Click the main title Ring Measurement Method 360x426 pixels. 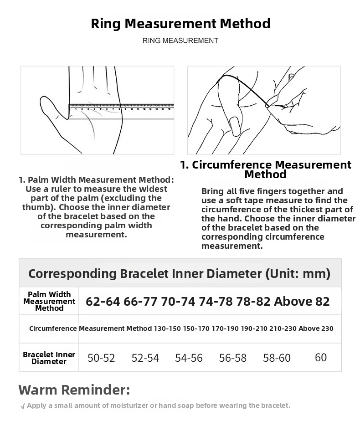pyautogui.click(x=180, y=24)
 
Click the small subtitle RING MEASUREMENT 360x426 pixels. pyautogui.click(x=180, y=41)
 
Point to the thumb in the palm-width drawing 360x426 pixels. pyautogui.click(x=53, y=114)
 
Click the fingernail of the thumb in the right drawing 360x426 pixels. pyautogui.click(x=234, y=125)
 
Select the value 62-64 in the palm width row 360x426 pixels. pyautogui.click(x=103, y=301)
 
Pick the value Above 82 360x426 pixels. pyautogui.click(x=302, y=301)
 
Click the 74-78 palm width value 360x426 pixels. pyautogui.click(x=216, y=301)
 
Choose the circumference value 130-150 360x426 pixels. pyautogui.click(x=167, y=328)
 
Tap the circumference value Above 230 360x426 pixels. pyautogui.click(x=316, y=328)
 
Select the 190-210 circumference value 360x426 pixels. pyautogui.click(x=254, y=328)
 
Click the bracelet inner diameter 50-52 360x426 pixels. pyautogui.click(x=101, y=358)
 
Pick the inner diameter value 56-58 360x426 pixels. pyautogui.click(x=233, y=358)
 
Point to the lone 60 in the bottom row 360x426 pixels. pyautogui.click(x=321, y=358)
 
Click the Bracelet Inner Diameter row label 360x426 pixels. pyautogui.click(x=49, y=358)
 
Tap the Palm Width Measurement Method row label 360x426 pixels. pyautogui.click(x=49, y=301)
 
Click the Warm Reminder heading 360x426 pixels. pyautogui.click(x=74, y=390)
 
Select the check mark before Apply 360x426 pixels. pyautogui.click(x=23, y=406)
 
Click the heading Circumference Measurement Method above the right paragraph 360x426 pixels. pyautogui.click(x=266, y=169)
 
